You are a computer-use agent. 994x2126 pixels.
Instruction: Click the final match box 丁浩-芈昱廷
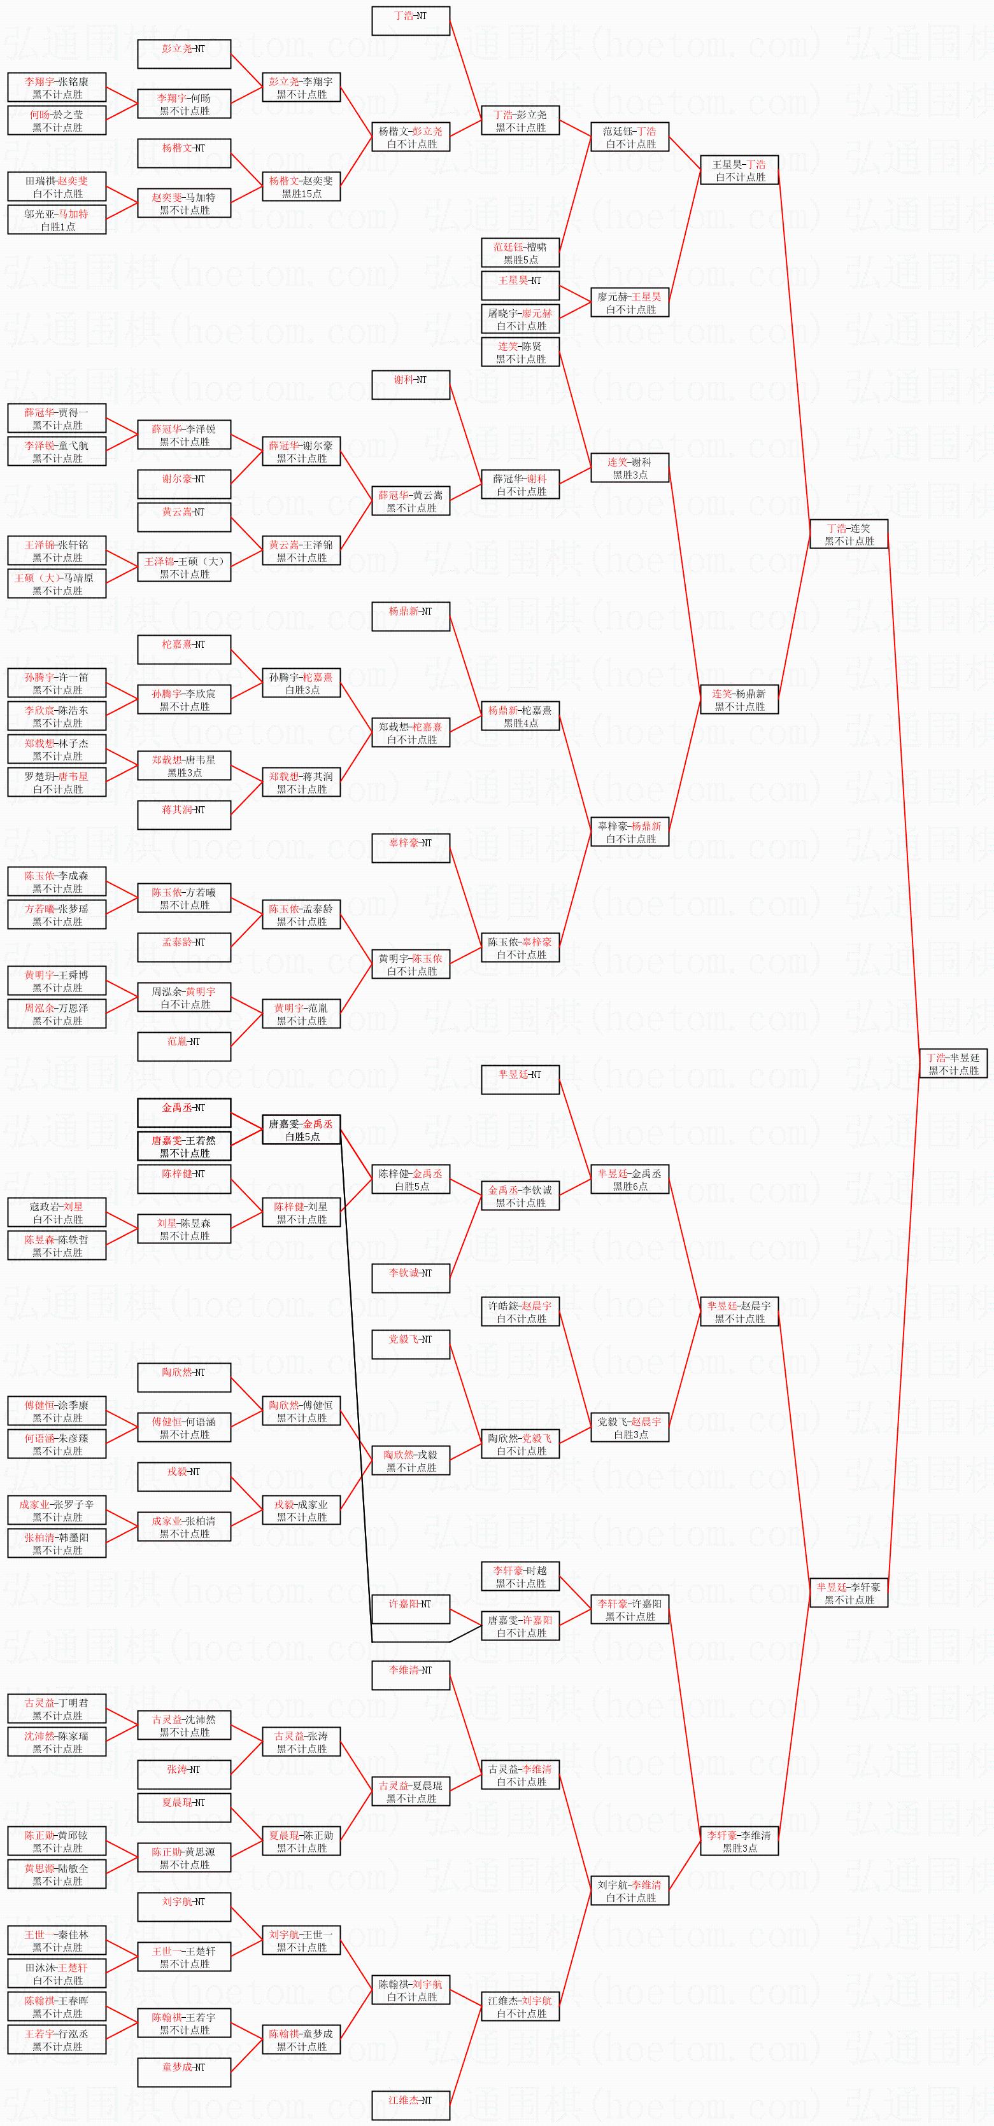click(x=953, y=1064)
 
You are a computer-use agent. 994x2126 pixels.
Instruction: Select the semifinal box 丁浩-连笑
click(x=849, y=534)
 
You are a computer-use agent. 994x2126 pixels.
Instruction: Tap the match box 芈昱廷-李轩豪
click(x=849, y=1593)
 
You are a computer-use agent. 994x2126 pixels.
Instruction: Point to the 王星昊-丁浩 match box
click(x=740, y=170)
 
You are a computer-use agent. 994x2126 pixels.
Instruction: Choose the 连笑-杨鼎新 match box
click(x=740, y=700)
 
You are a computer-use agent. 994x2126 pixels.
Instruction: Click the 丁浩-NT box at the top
click(x=410, y=22)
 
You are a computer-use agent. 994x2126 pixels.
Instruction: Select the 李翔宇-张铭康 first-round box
click(x=57, y=87)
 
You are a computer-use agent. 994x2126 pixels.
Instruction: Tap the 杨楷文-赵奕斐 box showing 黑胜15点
click(x=301, y=186)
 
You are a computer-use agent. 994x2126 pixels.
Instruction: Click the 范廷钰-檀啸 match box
click(x=520, y=253)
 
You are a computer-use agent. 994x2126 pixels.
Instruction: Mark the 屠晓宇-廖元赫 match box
click(x=520, y=319)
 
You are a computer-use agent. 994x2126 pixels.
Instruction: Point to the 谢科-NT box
click(x=410, y=386)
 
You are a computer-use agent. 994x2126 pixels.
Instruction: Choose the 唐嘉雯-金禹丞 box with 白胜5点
click(x=301, y=1130)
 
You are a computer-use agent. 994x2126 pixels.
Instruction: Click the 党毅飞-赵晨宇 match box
click(x=630, y=1428)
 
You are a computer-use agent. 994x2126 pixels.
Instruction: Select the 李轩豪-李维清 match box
click(x=740, y=1842)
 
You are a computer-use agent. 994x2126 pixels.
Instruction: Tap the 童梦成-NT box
click(x=184, y=2073)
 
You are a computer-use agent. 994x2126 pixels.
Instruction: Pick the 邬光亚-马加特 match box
click(x=57, y=220)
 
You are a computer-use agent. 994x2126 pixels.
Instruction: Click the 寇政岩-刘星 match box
click(x=57, y=1212)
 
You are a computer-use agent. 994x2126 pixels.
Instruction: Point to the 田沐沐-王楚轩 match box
click(x=57, y=1974)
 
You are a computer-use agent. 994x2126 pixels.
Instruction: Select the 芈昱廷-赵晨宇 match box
click(x=740, y=1312)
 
